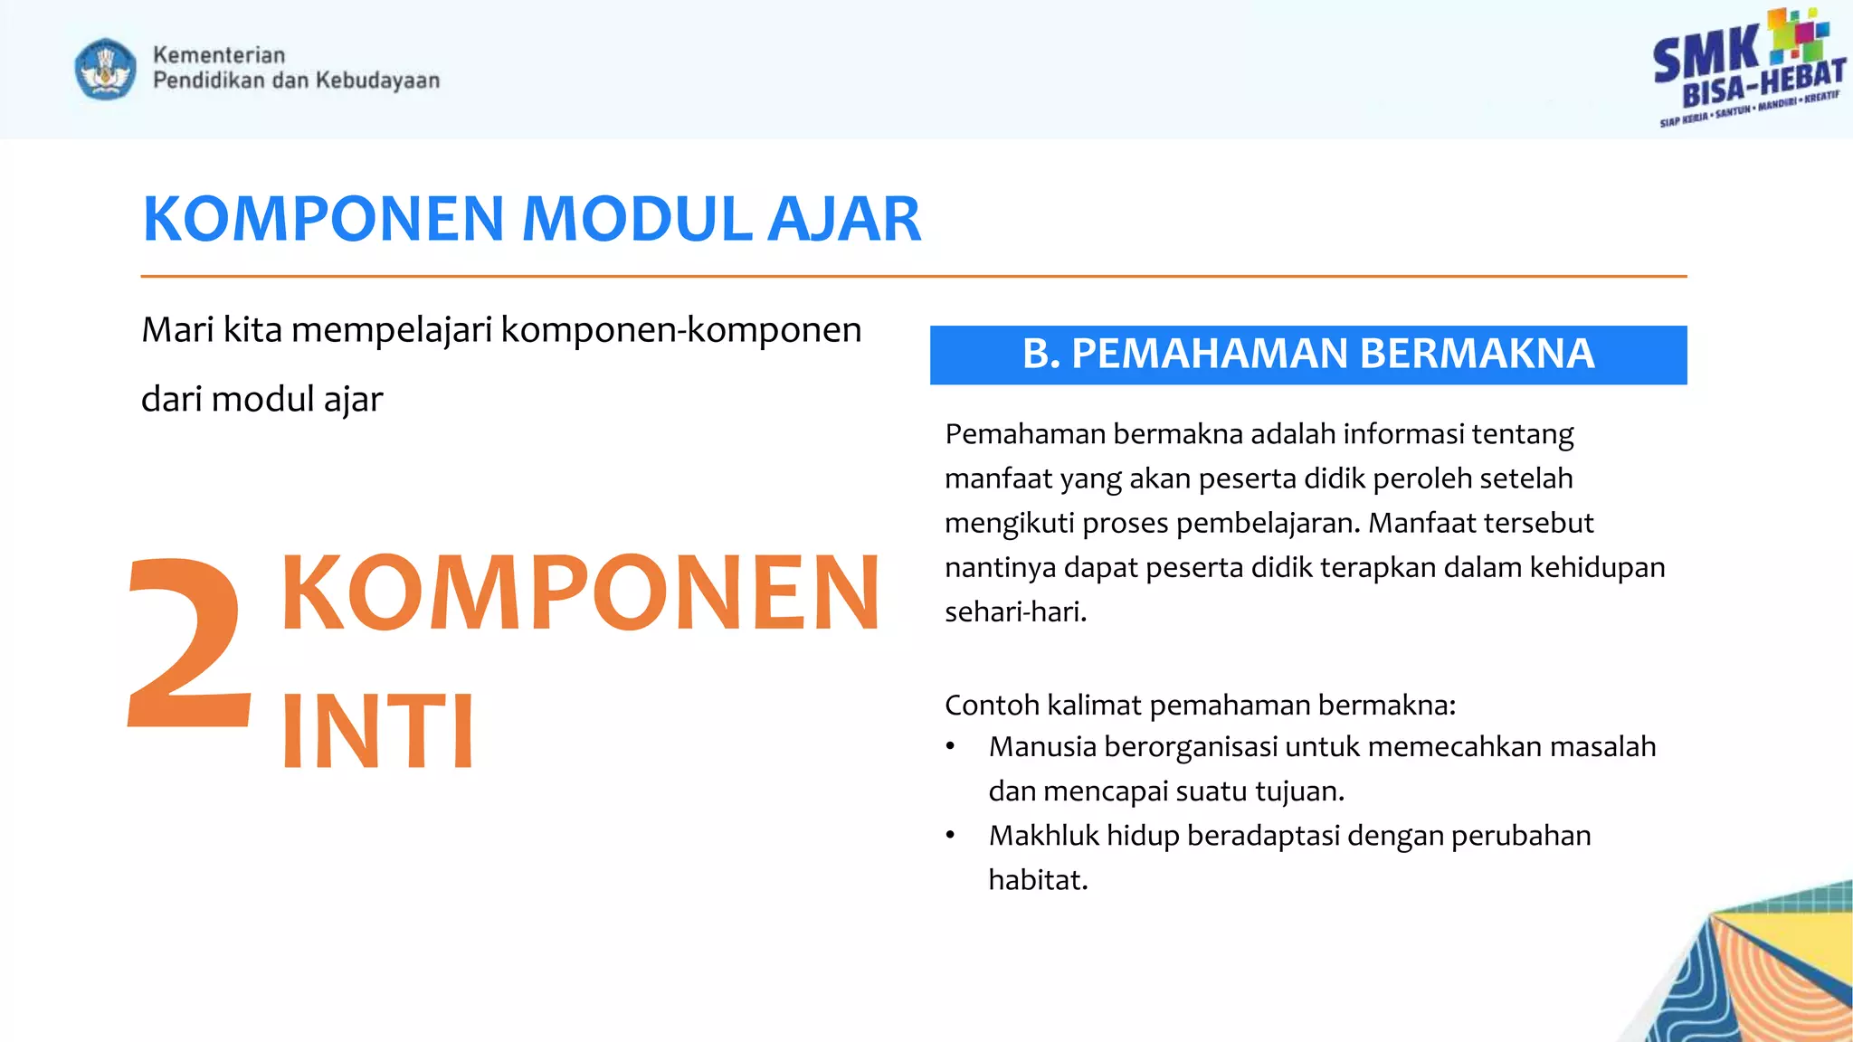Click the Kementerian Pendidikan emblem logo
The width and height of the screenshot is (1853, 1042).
[x=106, y=69]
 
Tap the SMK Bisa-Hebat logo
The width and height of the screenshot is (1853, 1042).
[x=1748, y=68]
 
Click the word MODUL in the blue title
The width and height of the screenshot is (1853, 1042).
[x=638, y=220]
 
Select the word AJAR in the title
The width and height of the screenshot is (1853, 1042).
[x=843, y=220]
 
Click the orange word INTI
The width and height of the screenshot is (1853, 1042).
[x=378, y=731]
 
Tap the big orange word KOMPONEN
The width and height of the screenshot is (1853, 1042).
[x=580, y=592]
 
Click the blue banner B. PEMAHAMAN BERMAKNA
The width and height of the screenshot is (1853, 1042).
[x=1307, y=354]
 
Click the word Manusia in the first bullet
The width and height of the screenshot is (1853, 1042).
[x=1042, y=747]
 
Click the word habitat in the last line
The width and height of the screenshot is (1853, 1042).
[x=1037, y=880]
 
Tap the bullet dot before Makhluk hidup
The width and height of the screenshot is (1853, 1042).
[x=950, y=837]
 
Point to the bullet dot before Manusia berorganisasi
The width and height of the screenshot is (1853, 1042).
[x=950, y=748]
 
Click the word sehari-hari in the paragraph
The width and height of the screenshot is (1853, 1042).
[x=1014, y=612]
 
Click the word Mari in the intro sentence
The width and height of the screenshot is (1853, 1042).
[x=177, y=330]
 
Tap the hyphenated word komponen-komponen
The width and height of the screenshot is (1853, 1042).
[x=681, y=330]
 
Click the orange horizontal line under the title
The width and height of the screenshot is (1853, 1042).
[x=914, y=276]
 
